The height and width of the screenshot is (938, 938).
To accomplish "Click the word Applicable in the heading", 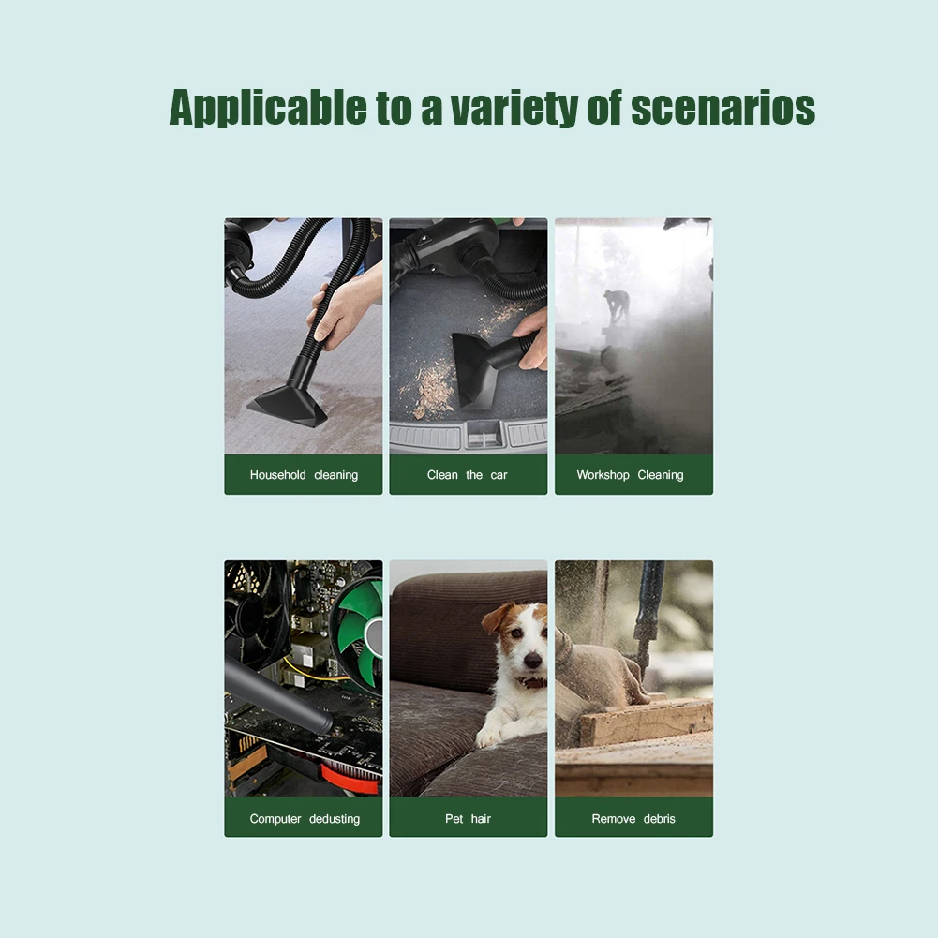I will (x=268, y=109).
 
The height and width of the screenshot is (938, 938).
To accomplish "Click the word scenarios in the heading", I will (x=722, y=109).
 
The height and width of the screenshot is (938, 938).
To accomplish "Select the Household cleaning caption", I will (x=304, y=475).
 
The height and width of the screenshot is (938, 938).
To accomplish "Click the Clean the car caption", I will (x=467, y=475).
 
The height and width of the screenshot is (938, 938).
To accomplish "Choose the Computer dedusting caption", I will (x=305, y=819).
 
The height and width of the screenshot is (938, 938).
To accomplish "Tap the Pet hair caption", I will (x=468, y=819).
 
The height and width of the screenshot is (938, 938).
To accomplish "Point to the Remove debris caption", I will (x=633, y=819).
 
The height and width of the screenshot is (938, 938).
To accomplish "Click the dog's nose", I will (x=532, y=660).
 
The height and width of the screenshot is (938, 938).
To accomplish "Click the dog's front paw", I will (x=488, y=737).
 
